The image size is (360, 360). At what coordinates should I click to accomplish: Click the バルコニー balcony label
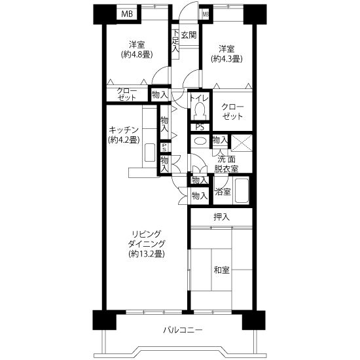point(183,330)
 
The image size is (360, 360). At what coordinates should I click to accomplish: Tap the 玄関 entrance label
point(189,35)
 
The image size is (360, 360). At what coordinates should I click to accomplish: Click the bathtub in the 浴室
point(242,190)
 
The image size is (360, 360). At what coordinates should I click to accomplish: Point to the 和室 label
point(221,270)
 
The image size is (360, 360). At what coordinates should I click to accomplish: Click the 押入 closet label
point(221,217)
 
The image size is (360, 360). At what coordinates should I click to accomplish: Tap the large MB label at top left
point(127,14)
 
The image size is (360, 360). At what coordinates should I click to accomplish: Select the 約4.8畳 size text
point(137,54)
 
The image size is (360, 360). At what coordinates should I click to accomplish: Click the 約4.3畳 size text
point(226,59)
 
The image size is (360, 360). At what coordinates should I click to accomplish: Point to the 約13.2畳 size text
point(147,253)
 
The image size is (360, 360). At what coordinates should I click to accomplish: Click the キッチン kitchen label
point(124,130)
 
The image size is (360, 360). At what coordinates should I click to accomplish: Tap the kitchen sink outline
point(150,153)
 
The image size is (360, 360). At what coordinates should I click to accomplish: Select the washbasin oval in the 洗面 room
point(200,141)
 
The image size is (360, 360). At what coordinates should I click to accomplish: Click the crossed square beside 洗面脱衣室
point(242,143)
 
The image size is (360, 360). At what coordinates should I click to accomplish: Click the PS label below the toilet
point(200,127)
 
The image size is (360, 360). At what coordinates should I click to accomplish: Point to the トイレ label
point(199,98)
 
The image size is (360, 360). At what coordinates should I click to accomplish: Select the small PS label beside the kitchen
point(164,147)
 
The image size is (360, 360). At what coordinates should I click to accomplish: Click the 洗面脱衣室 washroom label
point(226,164)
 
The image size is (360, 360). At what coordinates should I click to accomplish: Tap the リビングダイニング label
point(147,238)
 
